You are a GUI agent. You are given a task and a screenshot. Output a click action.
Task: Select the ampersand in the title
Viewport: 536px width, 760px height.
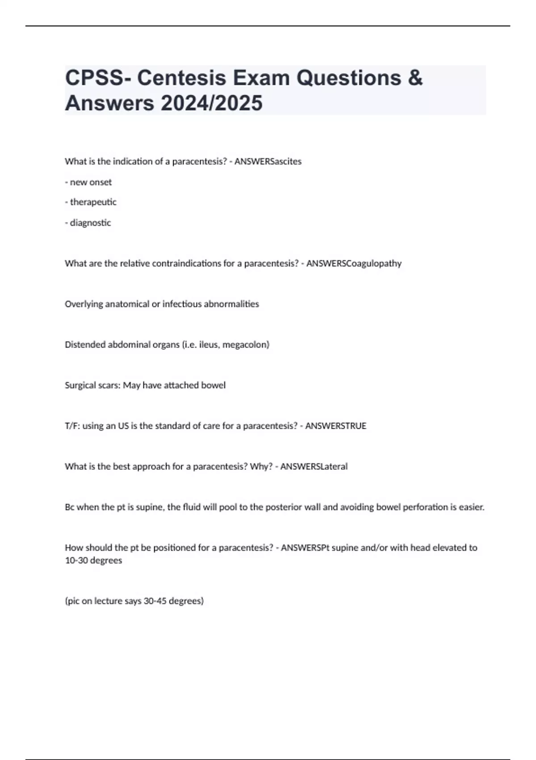[415, 78]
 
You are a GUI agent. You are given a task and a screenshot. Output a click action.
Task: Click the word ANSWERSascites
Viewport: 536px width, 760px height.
[268, 161]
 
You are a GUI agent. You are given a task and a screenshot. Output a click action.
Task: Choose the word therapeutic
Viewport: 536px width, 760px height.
[93, 202]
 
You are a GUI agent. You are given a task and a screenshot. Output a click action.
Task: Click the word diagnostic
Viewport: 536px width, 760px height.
[90, 223]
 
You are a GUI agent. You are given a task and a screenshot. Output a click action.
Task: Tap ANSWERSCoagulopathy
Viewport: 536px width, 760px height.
[354, 263]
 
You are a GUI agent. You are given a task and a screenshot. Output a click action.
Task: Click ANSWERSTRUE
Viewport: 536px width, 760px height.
[335, 426]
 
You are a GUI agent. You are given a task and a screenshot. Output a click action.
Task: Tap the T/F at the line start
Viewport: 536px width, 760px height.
[72, 426]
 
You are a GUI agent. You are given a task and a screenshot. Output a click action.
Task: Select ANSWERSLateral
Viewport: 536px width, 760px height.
[314, 467]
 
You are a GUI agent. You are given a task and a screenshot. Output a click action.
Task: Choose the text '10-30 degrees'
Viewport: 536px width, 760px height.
[93, 561]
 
